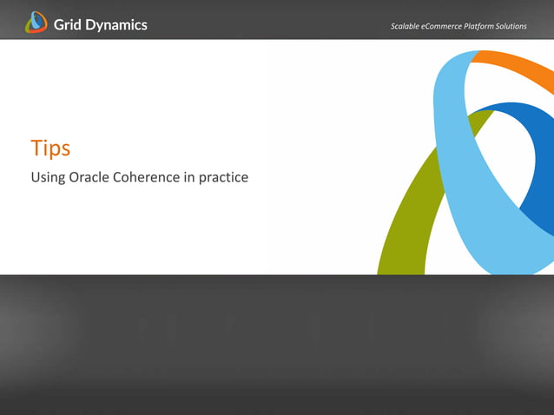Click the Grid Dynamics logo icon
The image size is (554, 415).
click(x=36, y=23)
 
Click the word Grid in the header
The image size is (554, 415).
click(x=69, y=24)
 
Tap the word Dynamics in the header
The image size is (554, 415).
click(x=117, y=25)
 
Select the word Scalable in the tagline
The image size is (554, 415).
click(x=407, y=26)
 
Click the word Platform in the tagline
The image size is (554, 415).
click(x=487, y=26)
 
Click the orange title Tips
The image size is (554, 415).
click(x=50, y=148)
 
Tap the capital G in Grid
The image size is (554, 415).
click(x=59, y=24)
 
